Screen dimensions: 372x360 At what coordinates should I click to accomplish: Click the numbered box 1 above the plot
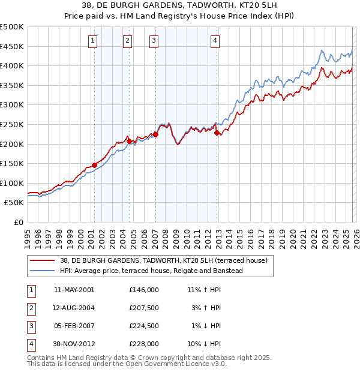pos(94,41)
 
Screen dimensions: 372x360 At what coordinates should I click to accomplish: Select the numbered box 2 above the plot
pos(128,41)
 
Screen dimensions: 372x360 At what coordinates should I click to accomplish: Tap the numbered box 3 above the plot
pos(154,41)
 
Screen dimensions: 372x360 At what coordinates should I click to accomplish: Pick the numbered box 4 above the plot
pos(215,41)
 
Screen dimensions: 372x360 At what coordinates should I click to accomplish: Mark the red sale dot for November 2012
pos(217,133)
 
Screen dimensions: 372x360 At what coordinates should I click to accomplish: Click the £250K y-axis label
pos(12,124)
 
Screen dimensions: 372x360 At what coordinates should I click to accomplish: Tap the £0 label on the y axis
pos(18,222)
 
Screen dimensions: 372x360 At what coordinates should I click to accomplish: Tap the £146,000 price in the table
pos(143,289)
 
